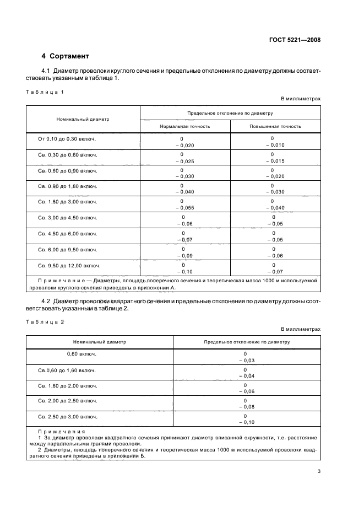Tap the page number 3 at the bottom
coord(319,471)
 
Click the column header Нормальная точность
coord(184,126)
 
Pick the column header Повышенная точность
coord(274,126)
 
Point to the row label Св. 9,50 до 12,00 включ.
coord(69,265)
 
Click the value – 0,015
coord(274,160)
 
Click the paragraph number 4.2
coord(46,300)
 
